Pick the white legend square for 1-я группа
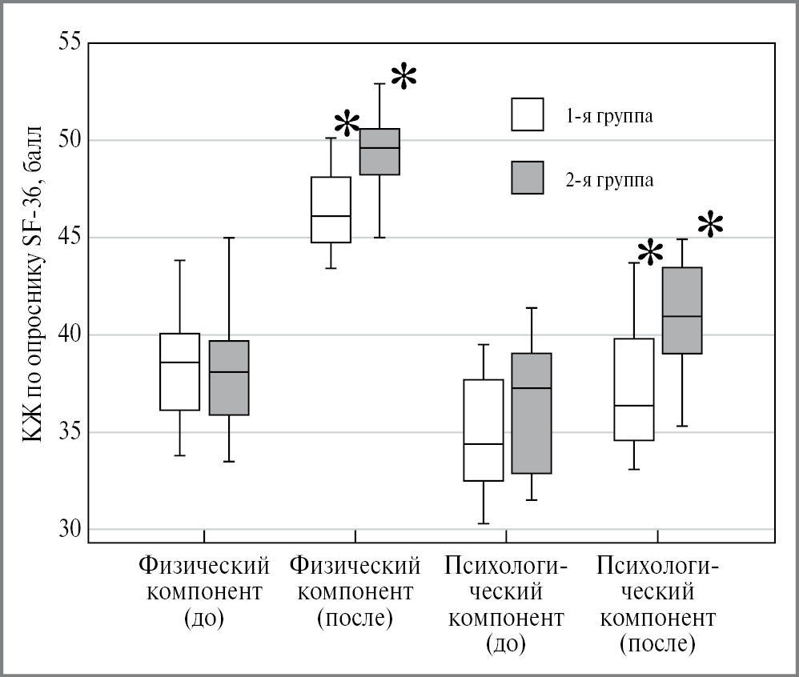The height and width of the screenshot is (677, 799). (x=527, y=114)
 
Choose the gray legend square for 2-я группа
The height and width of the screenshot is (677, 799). (x=527, y=178)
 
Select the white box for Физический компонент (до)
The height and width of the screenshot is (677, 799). (x=179, y=371)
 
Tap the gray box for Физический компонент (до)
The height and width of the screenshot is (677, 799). (x=229, y=378)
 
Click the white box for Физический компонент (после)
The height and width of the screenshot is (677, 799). (x=331, y=209)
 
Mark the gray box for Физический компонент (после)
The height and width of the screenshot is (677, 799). (x=379, y=151)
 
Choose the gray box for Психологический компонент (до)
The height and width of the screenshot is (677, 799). (x=532, y=413)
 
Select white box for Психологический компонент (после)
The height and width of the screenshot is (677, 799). (x=634, y=389)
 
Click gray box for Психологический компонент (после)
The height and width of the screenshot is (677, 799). (x=682, y=310)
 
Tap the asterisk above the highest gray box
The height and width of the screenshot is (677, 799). (x=404, y=78)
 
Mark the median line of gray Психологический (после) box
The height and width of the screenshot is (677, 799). (x=682, y=316)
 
